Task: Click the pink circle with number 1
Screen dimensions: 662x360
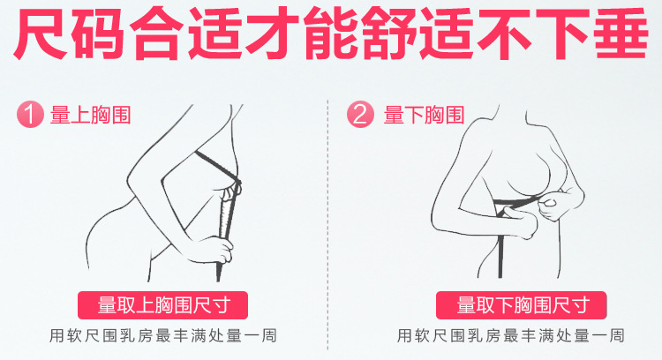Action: [x=30, y=115]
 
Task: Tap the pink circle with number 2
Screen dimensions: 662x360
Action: [x=360, y=115]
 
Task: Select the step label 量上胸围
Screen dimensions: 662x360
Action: [x=91, y=115]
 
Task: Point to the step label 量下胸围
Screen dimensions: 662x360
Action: [x=424, y=115]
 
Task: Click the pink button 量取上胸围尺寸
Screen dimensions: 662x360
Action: [x=162, y=305]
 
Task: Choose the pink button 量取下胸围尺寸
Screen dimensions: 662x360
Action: [x=522, y=305]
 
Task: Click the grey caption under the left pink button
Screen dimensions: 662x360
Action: [x=163, y=336]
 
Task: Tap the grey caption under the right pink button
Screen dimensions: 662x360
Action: [x=510, y=336]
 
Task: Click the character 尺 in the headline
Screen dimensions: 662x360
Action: [x=40, y=34]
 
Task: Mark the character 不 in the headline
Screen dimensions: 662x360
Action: [x=505, y=34]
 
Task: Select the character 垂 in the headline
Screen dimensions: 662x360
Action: [x=621, y=34]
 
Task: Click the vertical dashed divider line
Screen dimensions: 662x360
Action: [x=328, y=225]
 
